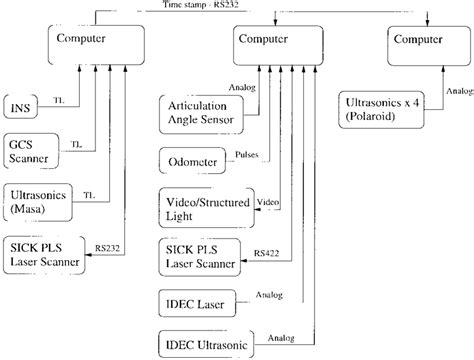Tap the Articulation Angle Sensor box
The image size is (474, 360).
click(x=199, y=113)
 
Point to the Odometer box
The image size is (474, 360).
click(x=190, y=161)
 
